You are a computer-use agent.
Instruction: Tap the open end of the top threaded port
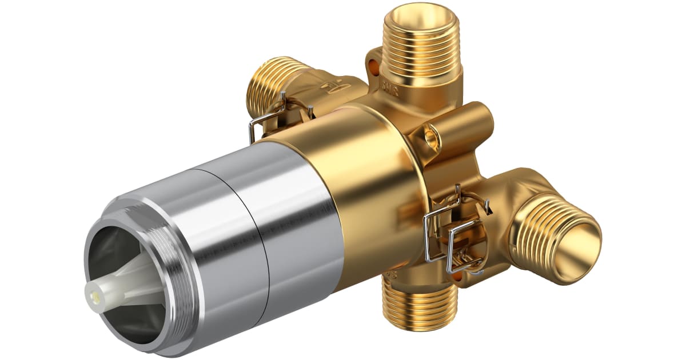(x=422, y=13)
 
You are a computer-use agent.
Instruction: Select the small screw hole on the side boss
(x=430, y=135)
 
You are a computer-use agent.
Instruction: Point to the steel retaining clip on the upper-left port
(x=269, y=117)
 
